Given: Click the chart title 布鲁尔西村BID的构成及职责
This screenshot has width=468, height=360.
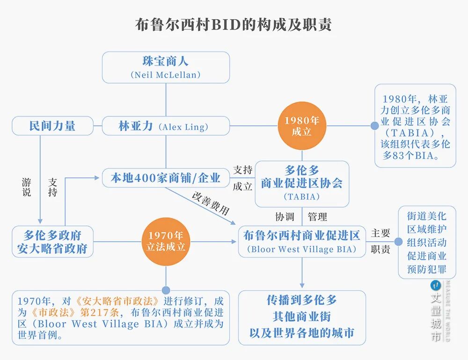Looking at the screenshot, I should (234, 25).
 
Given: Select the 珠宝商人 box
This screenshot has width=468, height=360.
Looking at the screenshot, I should (166, 67).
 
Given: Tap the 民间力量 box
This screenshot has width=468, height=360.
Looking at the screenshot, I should (52, 126).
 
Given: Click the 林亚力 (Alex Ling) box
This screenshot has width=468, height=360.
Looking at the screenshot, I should (166, 126).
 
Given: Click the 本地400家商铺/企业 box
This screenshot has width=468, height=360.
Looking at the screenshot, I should (166, 178).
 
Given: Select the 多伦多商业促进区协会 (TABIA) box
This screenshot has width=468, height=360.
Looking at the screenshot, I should (302, 184).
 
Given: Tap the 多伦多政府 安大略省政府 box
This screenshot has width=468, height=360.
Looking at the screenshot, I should (52, 242).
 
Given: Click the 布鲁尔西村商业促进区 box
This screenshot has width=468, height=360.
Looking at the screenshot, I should (302, 242).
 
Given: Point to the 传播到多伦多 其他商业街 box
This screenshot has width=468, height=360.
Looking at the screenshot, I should (302, 317).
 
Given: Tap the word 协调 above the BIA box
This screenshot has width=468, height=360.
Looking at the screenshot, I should (285, 217).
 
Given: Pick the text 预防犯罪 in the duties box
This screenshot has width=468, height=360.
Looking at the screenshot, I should (426, 269).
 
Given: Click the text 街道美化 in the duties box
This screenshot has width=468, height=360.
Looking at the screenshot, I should (426, 216).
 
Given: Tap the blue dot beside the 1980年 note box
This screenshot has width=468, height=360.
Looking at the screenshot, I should (374, 126).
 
